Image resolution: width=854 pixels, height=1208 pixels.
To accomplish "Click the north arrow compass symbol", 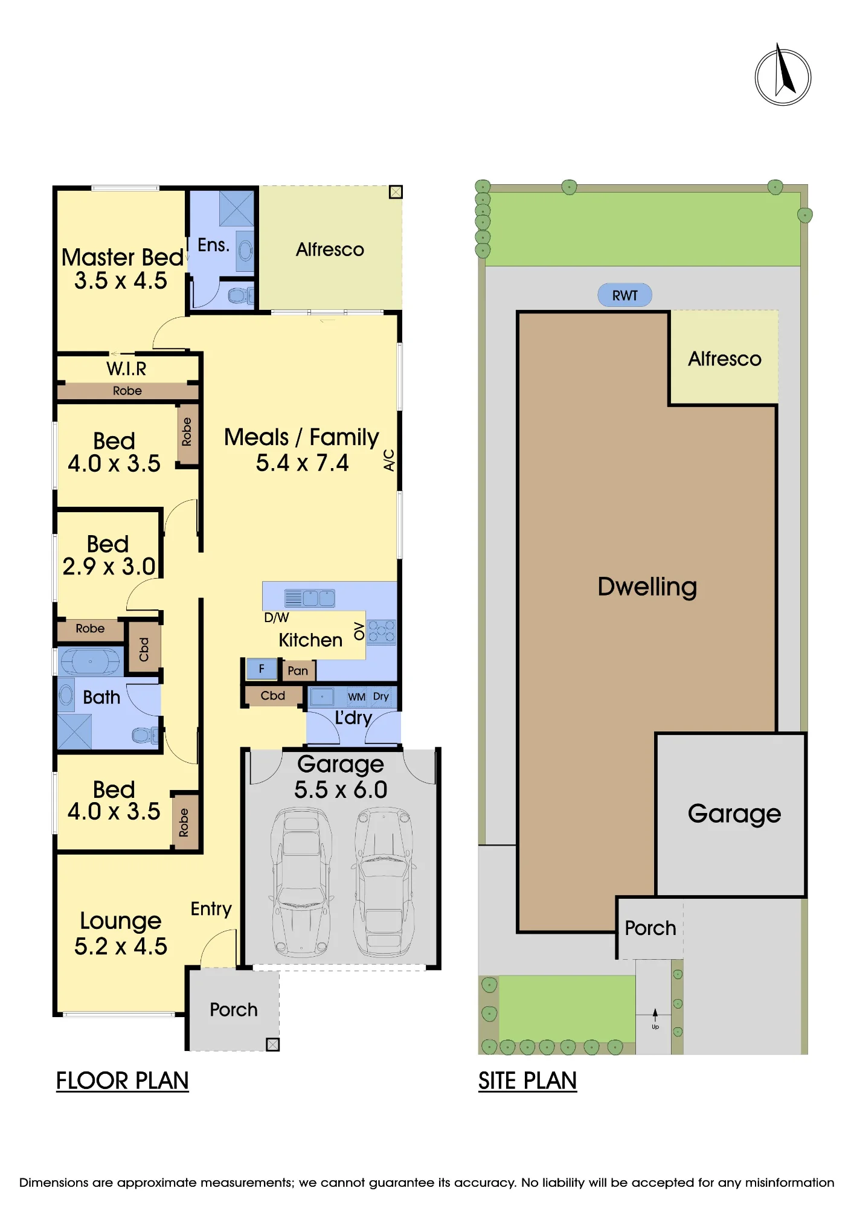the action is click(x=783, y=76).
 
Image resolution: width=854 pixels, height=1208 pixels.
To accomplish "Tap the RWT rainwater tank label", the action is click(x=624, y=295).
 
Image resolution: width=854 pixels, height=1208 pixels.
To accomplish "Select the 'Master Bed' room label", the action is click(x=123, y=257).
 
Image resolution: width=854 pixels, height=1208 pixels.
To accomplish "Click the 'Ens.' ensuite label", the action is click(x=214, y=245).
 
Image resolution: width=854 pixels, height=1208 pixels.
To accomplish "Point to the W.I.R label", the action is click(x=126, y=368).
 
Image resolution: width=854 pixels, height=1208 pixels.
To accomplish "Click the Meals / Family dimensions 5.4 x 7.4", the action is click(x=302, y=463).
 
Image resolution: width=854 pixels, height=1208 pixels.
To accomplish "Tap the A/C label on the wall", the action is click(x=389, y=460).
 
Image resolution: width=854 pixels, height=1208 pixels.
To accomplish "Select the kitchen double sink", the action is click(x=310, y=598).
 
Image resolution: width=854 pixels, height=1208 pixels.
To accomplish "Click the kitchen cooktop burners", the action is click(x=382, y=632).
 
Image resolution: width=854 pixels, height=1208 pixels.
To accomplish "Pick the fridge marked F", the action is click(x=262, y=669).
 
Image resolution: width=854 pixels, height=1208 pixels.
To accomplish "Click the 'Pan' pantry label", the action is click(x=298, y=670).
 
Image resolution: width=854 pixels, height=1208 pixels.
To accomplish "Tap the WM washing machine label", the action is click(x=356, y=697).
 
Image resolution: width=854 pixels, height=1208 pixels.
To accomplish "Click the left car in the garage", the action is click(x=302, y=882).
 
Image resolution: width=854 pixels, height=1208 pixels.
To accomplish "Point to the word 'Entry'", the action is click(x=211, y=909).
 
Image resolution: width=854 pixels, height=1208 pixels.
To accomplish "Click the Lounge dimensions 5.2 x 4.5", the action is click(x=121, y=946).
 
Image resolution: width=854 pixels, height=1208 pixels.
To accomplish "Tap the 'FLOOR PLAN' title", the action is click(x=123, y=1081).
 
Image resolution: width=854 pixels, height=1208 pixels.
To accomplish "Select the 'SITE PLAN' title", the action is click(x=527, y=1081).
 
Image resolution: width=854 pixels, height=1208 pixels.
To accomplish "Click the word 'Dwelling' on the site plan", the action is click(x=647, y=586).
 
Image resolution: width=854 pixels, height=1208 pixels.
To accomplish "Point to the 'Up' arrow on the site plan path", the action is click(x=655, y=1015).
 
